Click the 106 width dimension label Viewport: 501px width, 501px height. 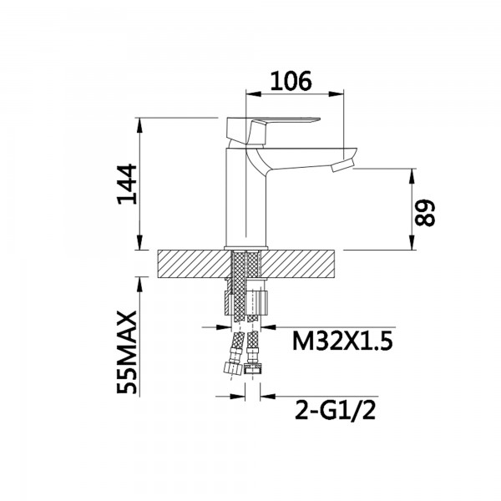pos(291,81)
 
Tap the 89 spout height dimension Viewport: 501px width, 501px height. pos(426,212)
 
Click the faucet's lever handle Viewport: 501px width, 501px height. pos(276,125)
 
